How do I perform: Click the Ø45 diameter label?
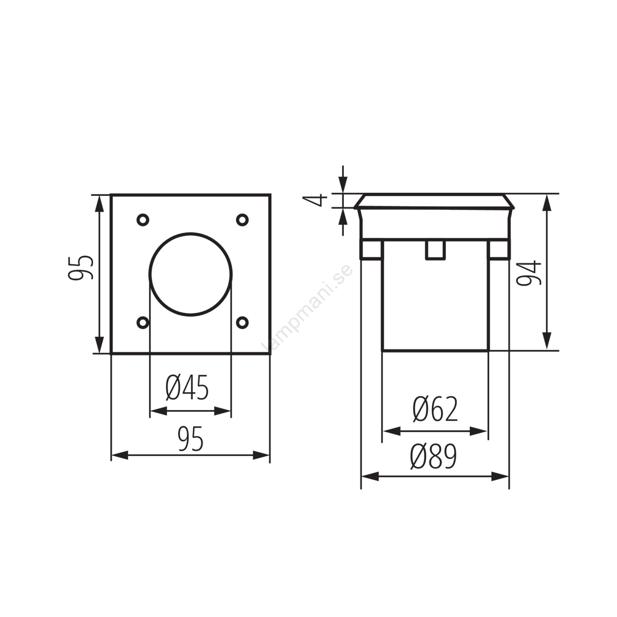187,387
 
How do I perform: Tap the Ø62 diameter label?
435,408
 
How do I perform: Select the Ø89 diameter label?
434,456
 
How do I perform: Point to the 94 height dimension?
529,273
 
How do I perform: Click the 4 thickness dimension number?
315,201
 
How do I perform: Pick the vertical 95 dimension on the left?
81,267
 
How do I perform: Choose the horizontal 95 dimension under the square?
191,439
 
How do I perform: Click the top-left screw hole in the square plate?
143,220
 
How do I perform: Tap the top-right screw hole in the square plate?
242,220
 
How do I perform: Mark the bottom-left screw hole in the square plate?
143,322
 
